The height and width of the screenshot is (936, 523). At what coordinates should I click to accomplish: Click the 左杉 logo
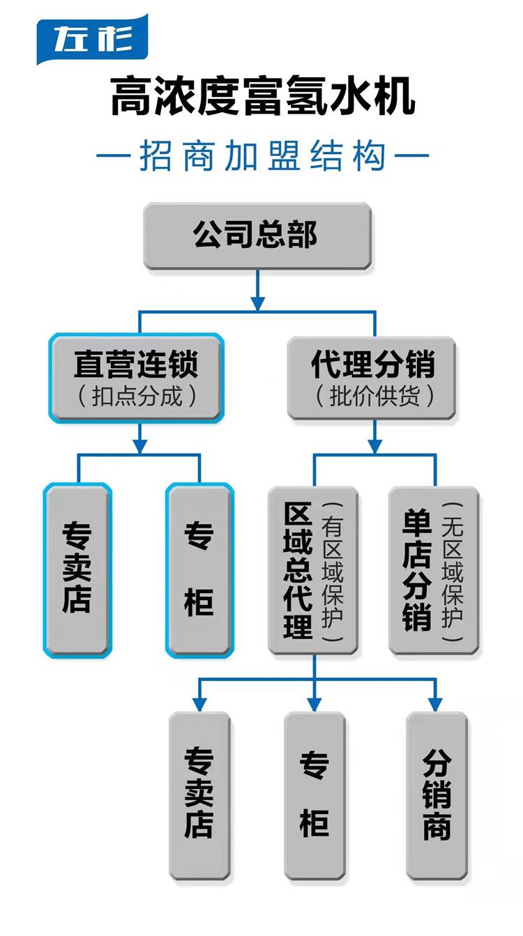pyautogui.click(x=92, y=39)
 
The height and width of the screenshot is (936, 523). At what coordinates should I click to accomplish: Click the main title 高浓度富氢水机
pyautogui.click(x=263, y=95)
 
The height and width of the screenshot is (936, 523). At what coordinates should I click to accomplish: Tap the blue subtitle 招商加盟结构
pyautogui.click(x=262, y=155)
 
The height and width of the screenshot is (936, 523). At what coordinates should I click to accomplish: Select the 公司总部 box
pyautogui.click(x=257, y=236)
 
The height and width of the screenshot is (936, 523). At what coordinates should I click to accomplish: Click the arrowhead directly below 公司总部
pyautogui.click(x=257, y=303)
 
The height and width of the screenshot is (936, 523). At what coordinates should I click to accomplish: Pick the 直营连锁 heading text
pyautogui.click(x=136, y=365)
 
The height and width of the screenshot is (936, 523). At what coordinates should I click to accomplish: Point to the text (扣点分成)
pyautogui.click(x=137, y=396)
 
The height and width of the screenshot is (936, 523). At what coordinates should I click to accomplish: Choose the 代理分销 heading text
pyautogui.click(x=373, y=365)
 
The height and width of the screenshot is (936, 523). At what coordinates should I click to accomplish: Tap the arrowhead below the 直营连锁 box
pyautogui.click(x=139, y=446)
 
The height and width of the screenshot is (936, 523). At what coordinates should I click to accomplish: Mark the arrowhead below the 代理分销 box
pyautogui.click(x=374, y=446)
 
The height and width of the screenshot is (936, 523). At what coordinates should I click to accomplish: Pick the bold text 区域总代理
pyautogui.click(x=298, y=570)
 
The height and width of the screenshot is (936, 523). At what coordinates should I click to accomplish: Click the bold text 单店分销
pyautogui.click(x=417, y=570)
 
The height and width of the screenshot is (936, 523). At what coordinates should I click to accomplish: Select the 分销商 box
pyautogui.click(x=437, y=797)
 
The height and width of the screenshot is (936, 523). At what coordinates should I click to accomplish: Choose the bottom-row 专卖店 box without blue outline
pyautogui.click(x=199, y=797)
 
